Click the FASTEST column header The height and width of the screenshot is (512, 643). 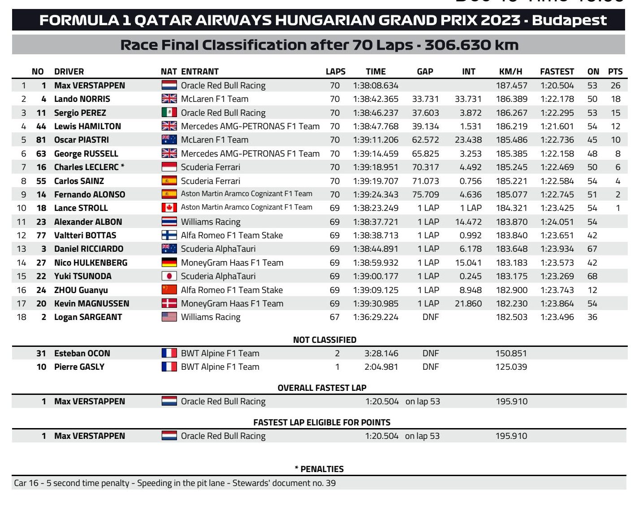coord(557,71)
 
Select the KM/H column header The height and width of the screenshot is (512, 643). coord(510,71)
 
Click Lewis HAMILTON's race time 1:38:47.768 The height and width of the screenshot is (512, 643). coord(375,127)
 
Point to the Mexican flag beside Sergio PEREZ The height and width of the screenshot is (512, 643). coord(169,113)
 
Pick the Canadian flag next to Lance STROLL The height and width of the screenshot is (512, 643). coord(169,208)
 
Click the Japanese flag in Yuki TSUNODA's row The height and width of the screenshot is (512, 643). coord(169,276)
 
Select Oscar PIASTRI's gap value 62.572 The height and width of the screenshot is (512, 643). coord(425,140)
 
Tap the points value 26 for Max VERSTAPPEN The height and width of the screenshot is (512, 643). coord(615,85)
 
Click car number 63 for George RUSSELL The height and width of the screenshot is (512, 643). coord(41,153)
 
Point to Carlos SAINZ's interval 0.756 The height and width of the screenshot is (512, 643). coord(470,181)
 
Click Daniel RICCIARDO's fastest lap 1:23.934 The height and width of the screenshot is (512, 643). coord(557,249)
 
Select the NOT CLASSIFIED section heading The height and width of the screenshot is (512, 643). coord(324,340)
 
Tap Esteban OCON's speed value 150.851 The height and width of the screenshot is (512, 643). coord(511,353)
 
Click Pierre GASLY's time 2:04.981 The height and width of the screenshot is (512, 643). coord(381,367)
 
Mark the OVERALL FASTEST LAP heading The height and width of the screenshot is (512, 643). coord(322,388)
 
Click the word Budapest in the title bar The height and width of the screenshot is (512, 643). coord(569,20)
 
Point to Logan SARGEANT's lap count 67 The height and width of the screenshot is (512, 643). coord(334,317)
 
